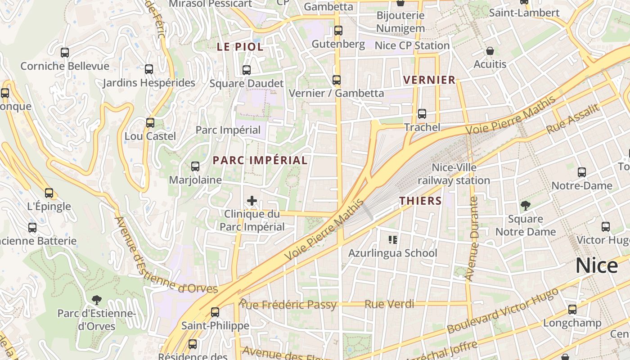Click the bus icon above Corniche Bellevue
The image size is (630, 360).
(x=65, y=53)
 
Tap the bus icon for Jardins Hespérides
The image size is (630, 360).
(x=149, y=69)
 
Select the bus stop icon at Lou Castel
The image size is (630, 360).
(x=150, y=123)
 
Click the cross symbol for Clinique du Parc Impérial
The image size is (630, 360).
(x=252, y=201)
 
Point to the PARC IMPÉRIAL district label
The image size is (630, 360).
(x=260, y=161)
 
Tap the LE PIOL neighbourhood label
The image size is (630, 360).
(x=240, y=47)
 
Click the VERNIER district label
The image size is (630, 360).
(x=429, y=80)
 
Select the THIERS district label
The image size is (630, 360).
(x=421, y=201)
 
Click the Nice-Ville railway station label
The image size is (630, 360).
(x=454, y=174)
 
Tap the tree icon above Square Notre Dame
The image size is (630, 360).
(x=525, y=206)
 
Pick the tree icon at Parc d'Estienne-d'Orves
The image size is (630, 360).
(x=96, y=300)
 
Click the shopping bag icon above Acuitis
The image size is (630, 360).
(x=490, y=51)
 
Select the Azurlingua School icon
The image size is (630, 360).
(x=393, y=240)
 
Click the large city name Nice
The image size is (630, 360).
(x=597, y=265)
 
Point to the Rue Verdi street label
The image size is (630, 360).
(x=389, y=304)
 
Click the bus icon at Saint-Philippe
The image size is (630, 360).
(x=215, y=312)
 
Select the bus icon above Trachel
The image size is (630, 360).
(x=422, y=114)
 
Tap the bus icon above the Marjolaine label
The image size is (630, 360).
(x=195, y=166)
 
